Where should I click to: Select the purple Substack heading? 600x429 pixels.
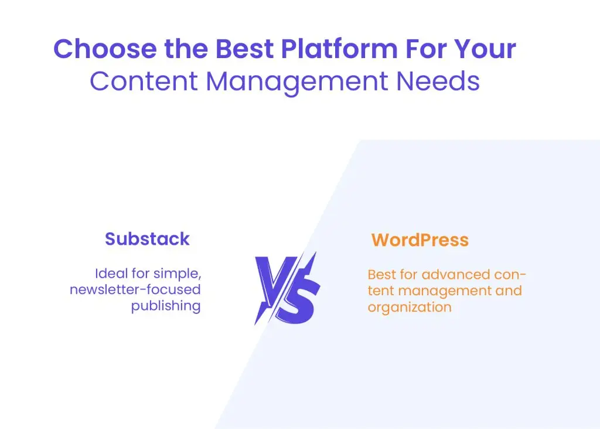coord(147,239)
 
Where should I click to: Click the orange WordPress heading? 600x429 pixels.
coord(420,240)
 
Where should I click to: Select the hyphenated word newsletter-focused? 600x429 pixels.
coord(135,289)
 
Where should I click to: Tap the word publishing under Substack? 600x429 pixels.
coord(166,306)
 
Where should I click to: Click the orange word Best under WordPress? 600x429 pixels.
coord(381,274)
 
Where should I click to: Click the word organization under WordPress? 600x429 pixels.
coord(409,307)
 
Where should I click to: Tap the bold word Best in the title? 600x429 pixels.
coord(243,49)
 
